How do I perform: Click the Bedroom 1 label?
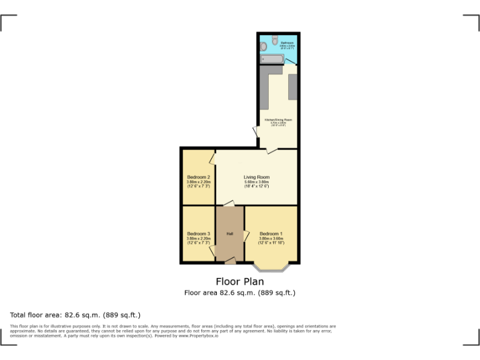(271, 234)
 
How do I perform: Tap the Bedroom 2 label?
(198, 177)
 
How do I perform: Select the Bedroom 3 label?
(198, 234)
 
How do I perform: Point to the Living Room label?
(256, 177)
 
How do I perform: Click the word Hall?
(229, 234)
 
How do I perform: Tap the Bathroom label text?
(287, 42)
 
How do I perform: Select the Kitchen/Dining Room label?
(278, 119)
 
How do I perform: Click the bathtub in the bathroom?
(272, 59)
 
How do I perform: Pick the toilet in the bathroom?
(275, 39)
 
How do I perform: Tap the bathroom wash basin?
(264, 46)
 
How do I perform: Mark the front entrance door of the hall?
(230, 261)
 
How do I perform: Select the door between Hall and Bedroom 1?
(246, 236)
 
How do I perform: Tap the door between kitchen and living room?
(272, 150)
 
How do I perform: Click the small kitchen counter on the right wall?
(292, 87)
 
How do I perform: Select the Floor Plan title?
(239, 281)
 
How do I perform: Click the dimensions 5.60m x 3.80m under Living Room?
(256, 182)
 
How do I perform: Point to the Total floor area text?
(75, 315)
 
